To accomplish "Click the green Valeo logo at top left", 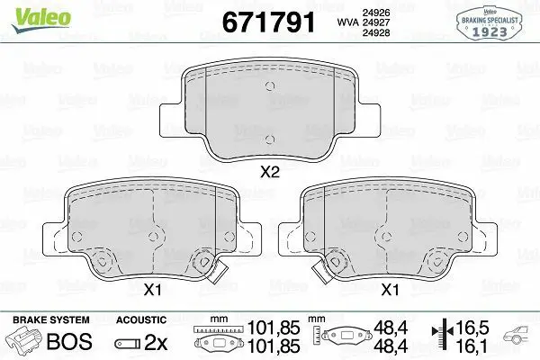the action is [x=41, y=20].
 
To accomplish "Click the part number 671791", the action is [x=268, y=22].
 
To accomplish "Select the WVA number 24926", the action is [x=376, y=13].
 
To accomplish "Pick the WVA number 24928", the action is [x=376, y=32].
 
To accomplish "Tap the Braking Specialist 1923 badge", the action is [x=490, y=23].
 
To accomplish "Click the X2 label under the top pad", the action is [x=270, y=172].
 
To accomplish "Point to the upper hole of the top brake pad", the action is [x=270, y=86].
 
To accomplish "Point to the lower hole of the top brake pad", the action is [x=270, y=139].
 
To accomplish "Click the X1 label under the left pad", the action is [x=152, y=290].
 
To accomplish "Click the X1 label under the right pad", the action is [x=390, y=290].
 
